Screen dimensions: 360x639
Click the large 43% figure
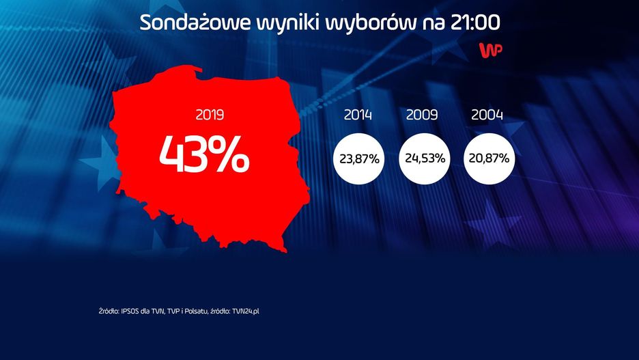coord(204,156)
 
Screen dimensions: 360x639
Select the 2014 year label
coord(358,115)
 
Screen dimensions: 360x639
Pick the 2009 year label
coord(422,115)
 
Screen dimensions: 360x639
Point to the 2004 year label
coord(487,115)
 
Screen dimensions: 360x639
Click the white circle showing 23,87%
coord(359,159)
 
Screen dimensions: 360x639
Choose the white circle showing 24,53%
coord(424,159)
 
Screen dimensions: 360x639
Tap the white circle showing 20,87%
coord(488,159)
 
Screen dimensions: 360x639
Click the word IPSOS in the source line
coord(130,311)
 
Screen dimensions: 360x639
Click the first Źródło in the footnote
coord(108,311)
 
